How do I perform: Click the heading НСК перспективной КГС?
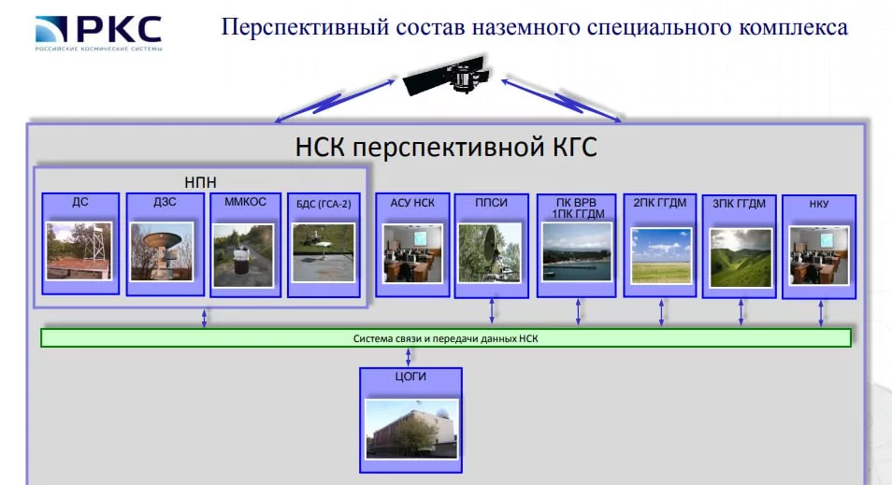tap(445, 148)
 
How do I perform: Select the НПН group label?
tap(201, 181)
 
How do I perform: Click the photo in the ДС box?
tap(79, 250)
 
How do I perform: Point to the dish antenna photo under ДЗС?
tap(162, 250)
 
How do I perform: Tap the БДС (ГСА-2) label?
tap(323, 203)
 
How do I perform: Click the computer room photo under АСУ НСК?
tap(412, 252)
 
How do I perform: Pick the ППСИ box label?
tap(491, 202)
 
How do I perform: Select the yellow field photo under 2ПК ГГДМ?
tap(660, 255)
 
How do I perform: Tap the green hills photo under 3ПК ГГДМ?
tap(741, 257)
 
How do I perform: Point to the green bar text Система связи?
tap(445, 338)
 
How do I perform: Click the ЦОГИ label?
tap(410, 378)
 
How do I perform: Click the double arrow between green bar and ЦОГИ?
tap(408, 357)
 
